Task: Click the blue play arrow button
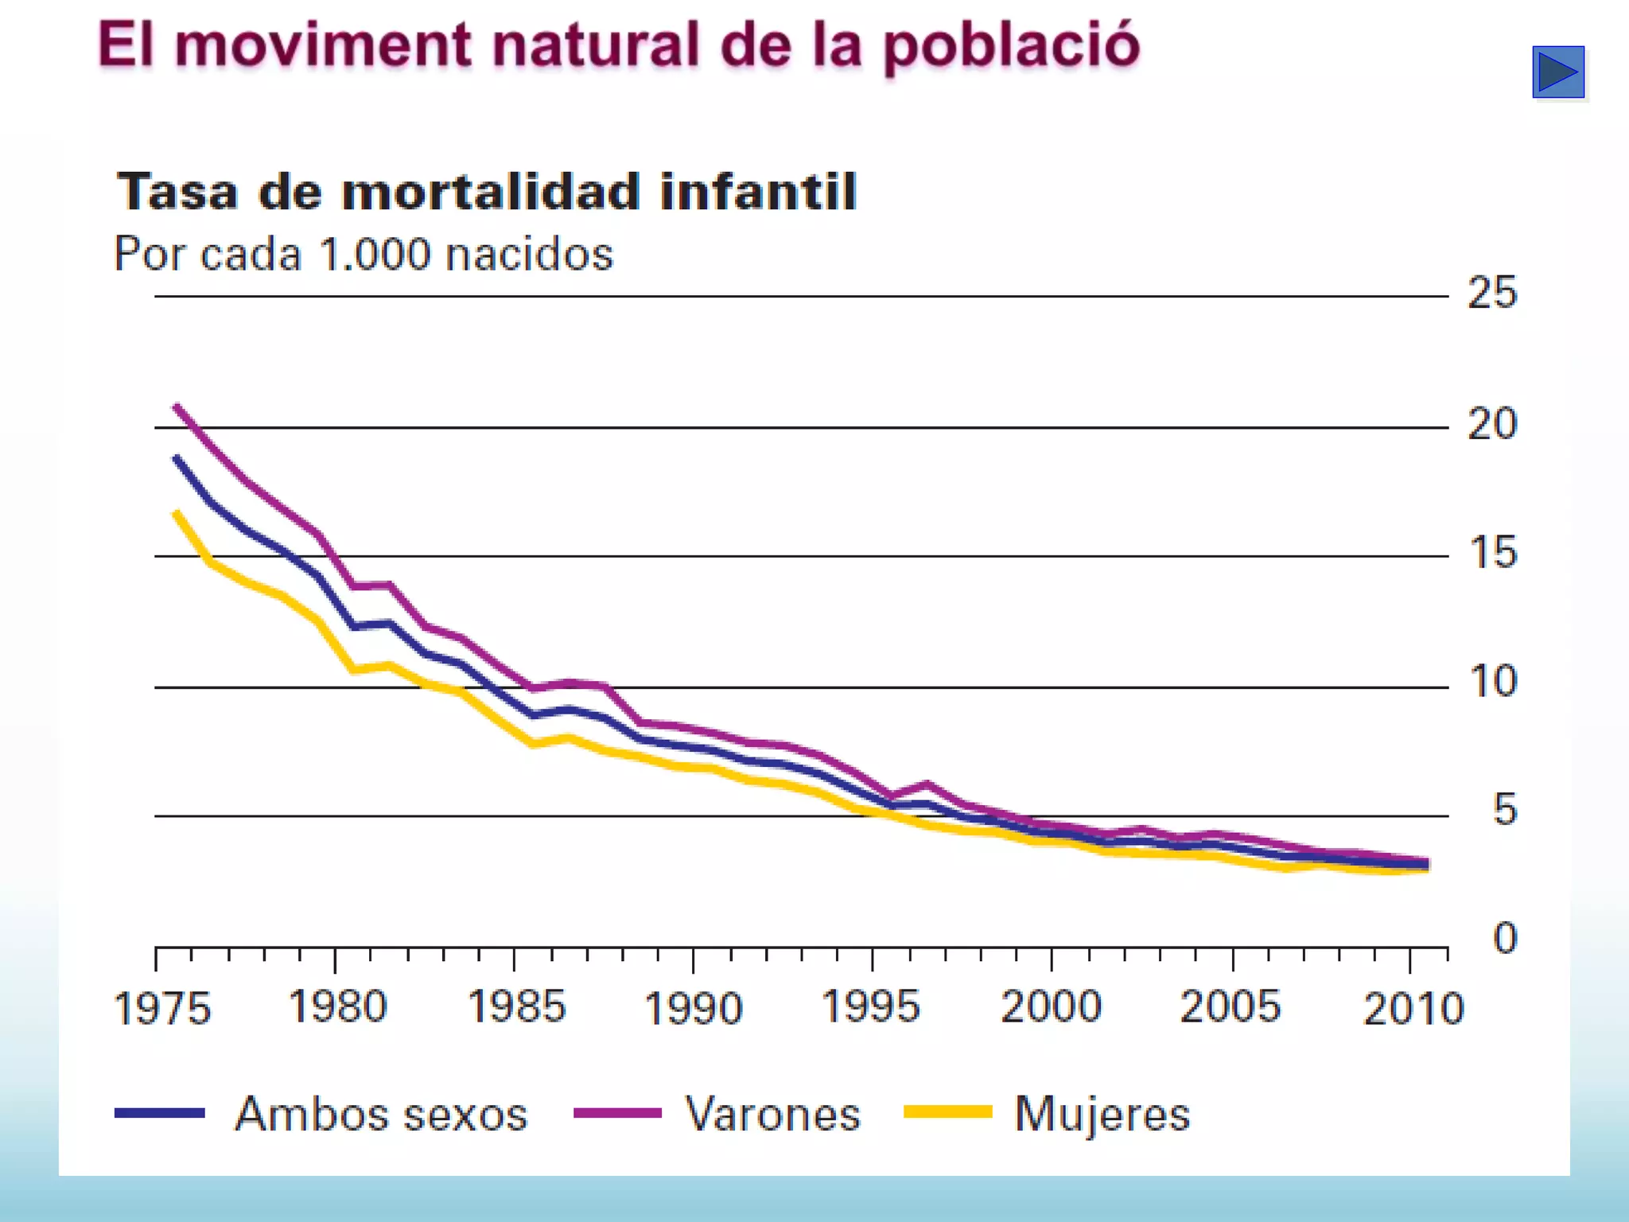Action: (x=1557, y=72)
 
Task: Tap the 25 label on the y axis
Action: (x=1492, y=293)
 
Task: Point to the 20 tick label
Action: (x=1492, y=424)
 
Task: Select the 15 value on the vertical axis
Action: (x=1493, y=553)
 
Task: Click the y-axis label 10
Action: (x=1493, y=682)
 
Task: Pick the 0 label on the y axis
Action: (x=1504, y=938)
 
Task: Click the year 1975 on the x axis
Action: (x=162, y=1009)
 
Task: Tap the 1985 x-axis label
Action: (x=516, y=1007)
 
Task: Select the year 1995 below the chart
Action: (x=871, y=1007)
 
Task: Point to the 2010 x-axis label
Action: (x=1413, y=1009)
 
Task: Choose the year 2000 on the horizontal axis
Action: (x=1051, y=1007)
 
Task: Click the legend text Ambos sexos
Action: (x=381, y=1114)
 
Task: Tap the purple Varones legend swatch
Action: (x=617, y=1113)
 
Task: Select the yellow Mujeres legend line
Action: (x=948, y=1112)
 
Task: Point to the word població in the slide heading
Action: (x=1011, y=46)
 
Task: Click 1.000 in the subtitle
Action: (x=375, y=255)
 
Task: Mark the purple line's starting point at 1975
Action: (x=177, y=407)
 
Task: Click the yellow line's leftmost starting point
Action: (x=177, y=513)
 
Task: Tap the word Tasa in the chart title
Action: (x=177, y=192)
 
